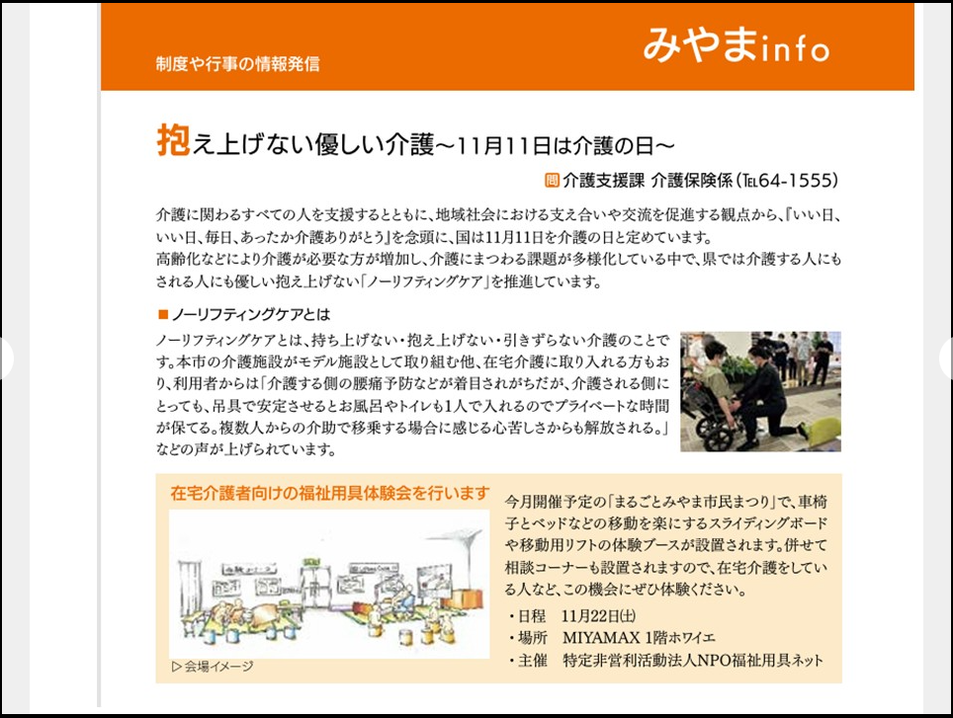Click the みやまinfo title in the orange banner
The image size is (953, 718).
coord(736,45)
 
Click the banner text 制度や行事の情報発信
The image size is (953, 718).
coord(237,64)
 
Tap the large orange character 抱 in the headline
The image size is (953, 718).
coord(173,140)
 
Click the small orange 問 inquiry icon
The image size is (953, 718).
coord(552,181)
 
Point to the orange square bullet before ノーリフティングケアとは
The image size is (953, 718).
coord(163,314)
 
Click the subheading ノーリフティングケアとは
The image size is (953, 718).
coord(251,314)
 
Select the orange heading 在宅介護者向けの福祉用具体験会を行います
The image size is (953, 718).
coord(330,493)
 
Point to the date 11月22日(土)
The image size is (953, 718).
coord(599,616)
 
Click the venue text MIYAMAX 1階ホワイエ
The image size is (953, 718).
coord(639,638)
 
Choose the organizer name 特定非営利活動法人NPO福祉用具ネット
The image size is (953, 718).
coord(693,661)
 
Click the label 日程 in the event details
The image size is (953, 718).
coord(532,616)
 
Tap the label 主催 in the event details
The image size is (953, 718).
coord(533,661)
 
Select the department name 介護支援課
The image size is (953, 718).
coord(603,181)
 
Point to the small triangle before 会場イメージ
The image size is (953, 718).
coord(177,667)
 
